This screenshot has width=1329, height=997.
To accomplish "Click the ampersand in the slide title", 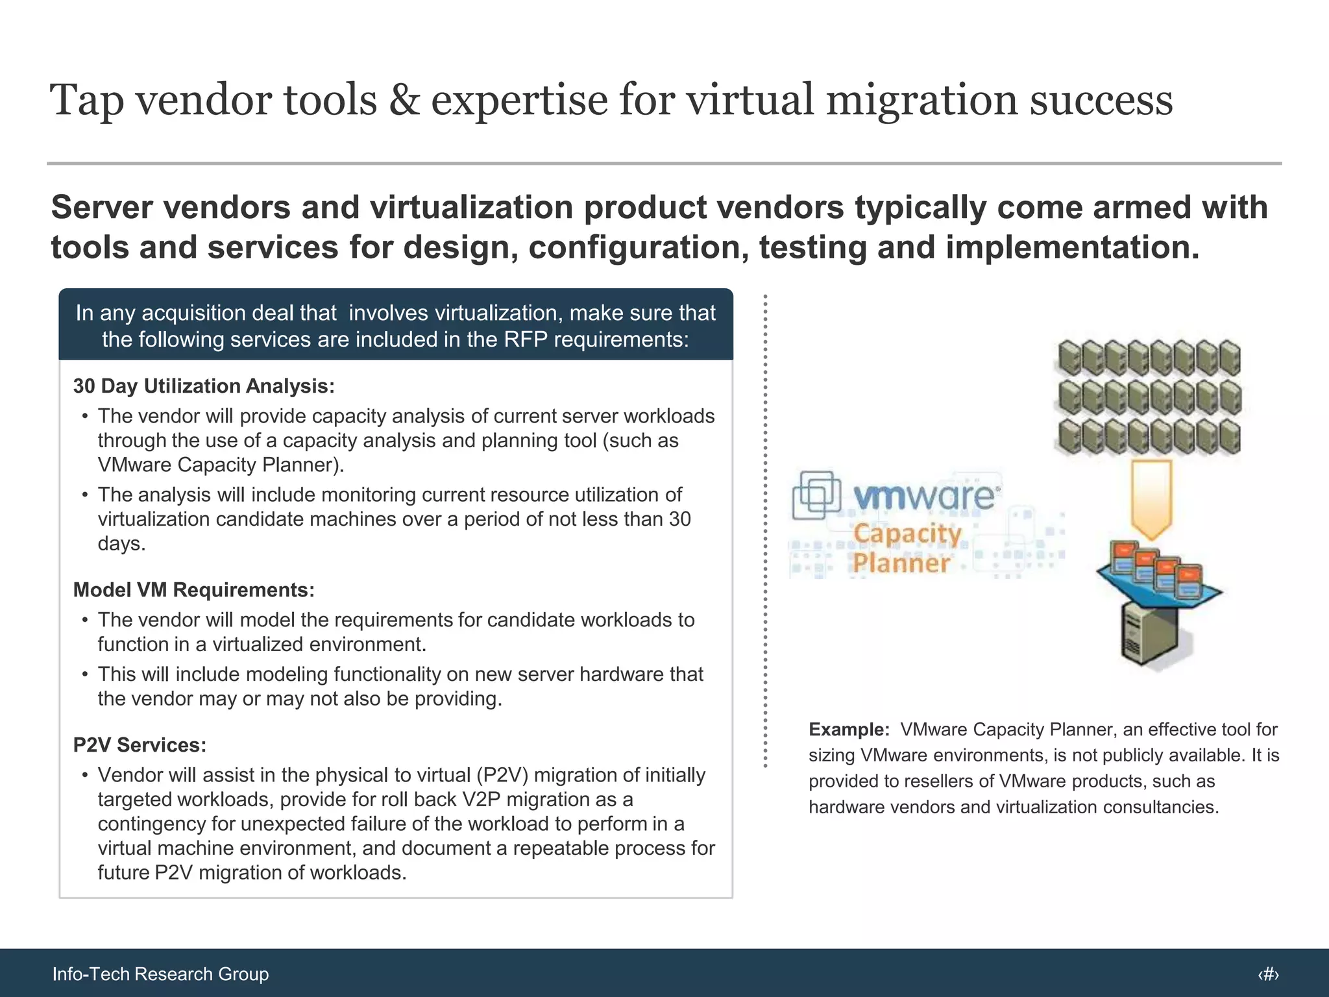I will pos(404,101).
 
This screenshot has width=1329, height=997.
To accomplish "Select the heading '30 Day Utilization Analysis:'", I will pos(204,386).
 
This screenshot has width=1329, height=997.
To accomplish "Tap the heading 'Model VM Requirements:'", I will pos(193,590).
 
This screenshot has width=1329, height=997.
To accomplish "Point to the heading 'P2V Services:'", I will pos(140,745).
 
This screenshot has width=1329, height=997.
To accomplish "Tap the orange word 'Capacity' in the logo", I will pos(907,534).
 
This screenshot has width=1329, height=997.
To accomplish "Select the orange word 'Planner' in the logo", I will pos(901,563).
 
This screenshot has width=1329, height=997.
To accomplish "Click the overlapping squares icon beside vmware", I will pos(816,495).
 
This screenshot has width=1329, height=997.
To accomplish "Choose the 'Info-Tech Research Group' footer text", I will pos(160,974).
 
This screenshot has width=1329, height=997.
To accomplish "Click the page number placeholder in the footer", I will pos(1268,974).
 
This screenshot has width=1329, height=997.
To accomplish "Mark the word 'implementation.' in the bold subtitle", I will pos(1072,247).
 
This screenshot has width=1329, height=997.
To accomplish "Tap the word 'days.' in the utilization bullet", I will pos(121,544).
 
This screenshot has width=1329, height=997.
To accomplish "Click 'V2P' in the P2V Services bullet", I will pos(484,800).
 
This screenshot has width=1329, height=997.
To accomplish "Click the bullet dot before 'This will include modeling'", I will pos(84,674).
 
